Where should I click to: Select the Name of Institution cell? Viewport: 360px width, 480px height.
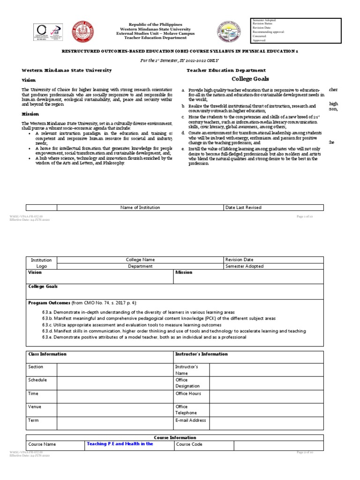click(x=140, y=207)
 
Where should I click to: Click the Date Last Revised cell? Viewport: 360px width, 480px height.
click(x=243, y=207)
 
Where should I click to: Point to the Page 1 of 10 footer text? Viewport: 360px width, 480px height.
click(x=307, y=216)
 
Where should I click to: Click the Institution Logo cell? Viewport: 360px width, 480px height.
click(x=41, y=263)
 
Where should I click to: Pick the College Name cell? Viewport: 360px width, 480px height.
click(x=140, y=260)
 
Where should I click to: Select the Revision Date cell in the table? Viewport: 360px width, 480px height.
click(x=239, y=260)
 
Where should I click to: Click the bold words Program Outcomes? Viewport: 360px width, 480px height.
click(x=49, y=303)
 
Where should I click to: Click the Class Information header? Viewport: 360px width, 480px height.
click(x=47, y=354)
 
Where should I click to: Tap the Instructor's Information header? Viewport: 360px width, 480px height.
click(x=201, y=354)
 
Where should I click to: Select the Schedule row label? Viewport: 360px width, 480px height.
click(x=37, y=380)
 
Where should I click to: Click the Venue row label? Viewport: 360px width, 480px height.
click(x=35, y=407)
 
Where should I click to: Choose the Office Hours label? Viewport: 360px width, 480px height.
click(x=188, y=394)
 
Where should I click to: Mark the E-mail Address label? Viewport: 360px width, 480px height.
click(x=190, y=420)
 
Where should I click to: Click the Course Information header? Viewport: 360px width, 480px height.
click(x=175, y=437)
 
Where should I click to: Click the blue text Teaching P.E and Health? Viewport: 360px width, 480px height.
click(x=120, y=444)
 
